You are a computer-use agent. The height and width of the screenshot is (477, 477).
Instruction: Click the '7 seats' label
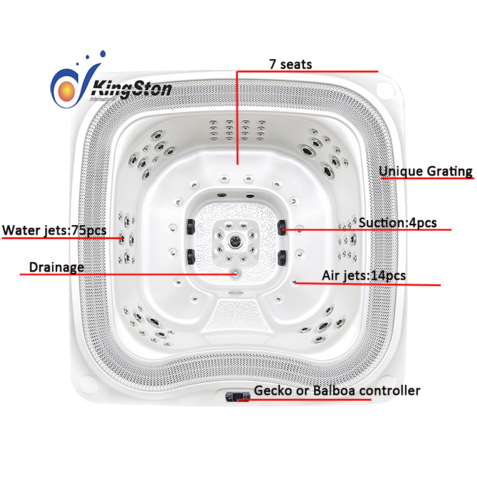[x=291, y=64]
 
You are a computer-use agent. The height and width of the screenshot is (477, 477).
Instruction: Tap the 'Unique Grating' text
[x=425, y=171]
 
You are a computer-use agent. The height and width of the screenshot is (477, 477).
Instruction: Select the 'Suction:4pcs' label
[x=397, y=223]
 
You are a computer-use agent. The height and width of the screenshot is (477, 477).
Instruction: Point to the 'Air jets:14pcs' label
[x=364, y=275]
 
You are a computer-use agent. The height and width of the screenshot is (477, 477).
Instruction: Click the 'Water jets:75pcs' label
[x=54, y=230]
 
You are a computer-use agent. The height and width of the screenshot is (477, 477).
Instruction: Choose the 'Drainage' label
[x=57, y=267]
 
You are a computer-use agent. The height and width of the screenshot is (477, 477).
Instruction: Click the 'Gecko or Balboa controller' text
[x=337, y=391]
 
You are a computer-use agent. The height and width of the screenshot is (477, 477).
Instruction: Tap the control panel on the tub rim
[x=238, y=397]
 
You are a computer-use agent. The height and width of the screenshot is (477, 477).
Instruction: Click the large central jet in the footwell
[x=235, y=242]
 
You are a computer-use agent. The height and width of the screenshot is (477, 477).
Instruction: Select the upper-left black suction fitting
[x=191, y=226]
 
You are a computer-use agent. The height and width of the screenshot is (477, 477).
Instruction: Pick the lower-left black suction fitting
[x=191, y=257]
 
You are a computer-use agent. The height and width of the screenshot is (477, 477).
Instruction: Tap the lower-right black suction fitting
[x=282, y=258]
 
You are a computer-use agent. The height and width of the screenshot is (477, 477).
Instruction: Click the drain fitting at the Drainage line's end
[x=236, y=273]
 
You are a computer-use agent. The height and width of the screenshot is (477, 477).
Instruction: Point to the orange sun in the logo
[x=67, y=91]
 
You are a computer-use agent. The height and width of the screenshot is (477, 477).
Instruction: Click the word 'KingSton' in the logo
[x=132, y=90]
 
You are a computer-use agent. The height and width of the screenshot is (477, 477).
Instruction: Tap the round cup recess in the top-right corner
[x=385, y=88]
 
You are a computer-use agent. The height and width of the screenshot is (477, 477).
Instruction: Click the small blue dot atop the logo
[x=103, y=54]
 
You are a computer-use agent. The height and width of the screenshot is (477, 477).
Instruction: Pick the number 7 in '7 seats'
[x=273, y=64]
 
